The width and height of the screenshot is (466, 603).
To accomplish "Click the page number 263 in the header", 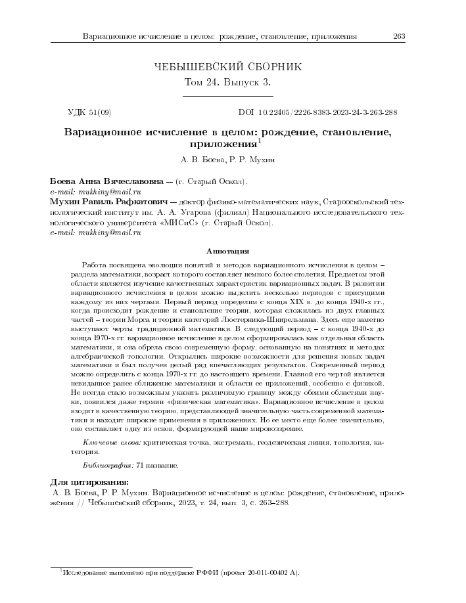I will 398,35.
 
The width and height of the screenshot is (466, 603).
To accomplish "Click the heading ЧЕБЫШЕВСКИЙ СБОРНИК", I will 227,67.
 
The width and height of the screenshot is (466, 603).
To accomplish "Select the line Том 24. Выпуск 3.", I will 227,83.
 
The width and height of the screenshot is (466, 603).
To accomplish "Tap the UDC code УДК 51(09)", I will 91,112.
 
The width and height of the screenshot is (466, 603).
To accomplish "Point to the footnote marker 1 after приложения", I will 259,141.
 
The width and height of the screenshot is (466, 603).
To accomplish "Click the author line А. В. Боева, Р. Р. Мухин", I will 227,159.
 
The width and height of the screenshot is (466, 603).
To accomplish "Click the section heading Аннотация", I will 227,250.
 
